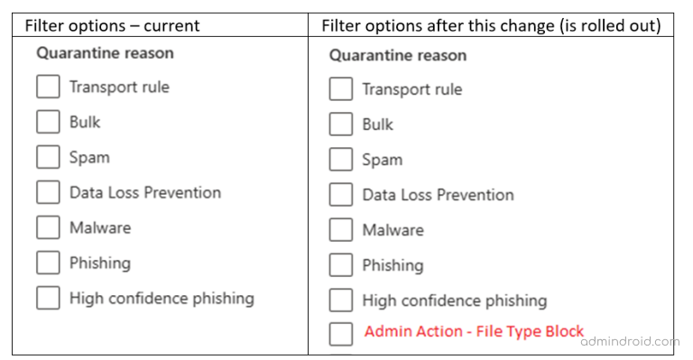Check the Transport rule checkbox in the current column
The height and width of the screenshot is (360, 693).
click(x=48, y=88)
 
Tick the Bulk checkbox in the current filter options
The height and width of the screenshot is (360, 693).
click(x=48, y=123)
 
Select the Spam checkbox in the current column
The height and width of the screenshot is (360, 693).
click(x=48, y=158)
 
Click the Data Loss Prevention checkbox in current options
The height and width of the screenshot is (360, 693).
click(x=48, y=193)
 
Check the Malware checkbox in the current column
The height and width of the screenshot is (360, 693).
click(x=48, y=228)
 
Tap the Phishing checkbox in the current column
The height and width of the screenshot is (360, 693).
click(x=48, y=263)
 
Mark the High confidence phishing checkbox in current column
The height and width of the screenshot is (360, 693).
click(x=48, y=299)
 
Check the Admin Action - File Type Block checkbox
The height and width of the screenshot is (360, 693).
click(x=340, y=334)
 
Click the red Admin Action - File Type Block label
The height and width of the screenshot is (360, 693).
click(x=474, y=332)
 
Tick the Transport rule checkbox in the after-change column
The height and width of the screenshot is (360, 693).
click(x=340, y=89)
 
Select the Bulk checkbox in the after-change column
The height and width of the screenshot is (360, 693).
click(x=340, y=125)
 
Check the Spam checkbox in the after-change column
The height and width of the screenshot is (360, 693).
click(x=340, y=160)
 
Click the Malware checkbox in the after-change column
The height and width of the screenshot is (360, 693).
click(x=340, y=230)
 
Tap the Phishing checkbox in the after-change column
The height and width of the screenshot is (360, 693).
click(x=340, y=265)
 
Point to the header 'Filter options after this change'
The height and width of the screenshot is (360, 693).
click(x=491, y=25)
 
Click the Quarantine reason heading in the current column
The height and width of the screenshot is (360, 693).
click(x=105, y=53)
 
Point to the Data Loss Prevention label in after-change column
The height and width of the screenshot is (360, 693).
click(x=438, y=195)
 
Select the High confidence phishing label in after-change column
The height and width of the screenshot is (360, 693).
click(x=454, y=300)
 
